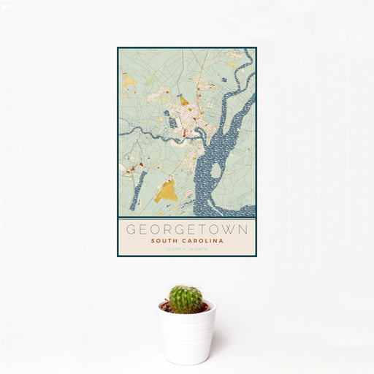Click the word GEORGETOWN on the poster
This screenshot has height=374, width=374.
click(x=187, y=229)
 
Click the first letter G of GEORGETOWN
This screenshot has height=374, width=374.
click(x=131, y=229)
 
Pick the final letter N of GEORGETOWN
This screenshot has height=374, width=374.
click(x=243, y=229)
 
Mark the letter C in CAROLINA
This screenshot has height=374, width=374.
click(x=188, y=240)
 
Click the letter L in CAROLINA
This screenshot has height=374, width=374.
click(x=208, y=240)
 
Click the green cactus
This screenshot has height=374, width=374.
click(x=186, y=298)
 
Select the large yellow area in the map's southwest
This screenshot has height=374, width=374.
click(x=167, y=191)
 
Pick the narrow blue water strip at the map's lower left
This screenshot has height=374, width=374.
click(x=135, y=191)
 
